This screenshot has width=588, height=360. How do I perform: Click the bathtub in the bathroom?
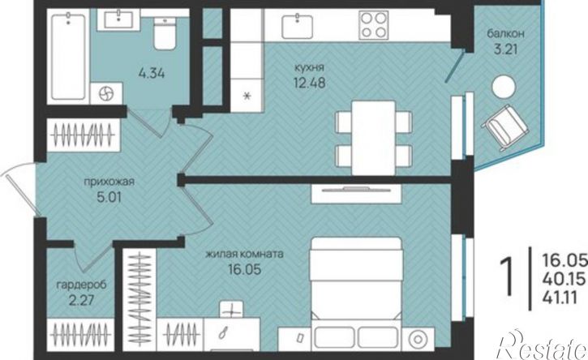pyautogui.click(x=68, y=56)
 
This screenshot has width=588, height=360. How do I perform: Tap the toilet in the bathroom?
pyautogui.click(x=165, y=34)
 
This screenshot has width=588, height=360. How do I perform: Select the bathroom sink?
pyautogui.click(x=118, y=19)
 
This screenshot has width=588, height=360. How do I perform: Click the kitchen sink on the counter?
pyautogui.click(x=298, y=25)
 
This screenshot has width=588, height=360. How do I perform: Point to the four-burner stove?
pyautogui.click(x=374, y=25)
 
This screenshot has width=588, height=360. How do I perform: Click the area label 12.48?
pyautogui.click(x=309, y=83)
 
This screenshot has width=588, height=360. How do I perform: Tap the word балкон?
pyautogui.click(x=505, y=34)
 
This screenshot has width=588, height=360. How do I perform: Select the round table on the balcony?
pyautogui.click(x=504, y=87)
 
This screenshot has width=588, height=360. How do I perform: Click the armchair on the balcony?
pyautogui.click(x=505, y=127)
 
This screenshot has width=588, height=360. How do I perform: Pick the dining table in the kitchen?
pyautogui.click(x=374, y=138)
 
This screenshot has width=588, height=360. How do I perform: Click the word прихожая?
pyautogui.click(x=109, y=182)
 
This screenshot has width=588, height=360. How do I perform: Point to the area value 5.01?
pyautogui.click(x=109, y=197)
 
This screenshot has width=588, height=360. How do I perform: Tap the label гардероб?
pyautogui.click(x=81, y=285)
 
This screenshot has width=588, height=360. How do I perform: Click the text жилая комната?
pyautogui.click(x=244, y=254)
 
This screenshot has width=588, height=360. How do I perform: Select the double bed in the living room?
pyautogui.click(x=356, y=293)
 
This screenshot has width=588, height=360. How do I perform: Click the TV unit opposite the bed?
pyautogui.click(x=356, y=194)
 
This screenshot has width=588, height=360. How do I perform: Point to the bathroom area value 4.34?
pyautogui.click(x=152, y=73)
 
